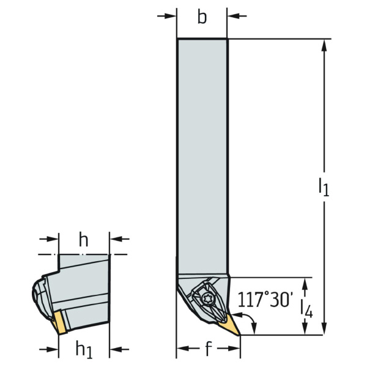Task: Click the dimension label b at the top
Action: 202,17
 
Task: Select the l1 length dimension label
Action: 324,187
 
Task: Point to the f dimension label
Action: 209,349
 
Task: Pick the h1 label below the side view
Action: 84,350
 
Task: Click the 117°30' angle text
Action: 265,300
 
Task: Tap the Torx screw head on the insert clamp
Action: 207,299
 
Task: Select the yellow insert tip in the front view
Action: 229,325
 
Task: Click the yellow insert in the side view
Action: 59,322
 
